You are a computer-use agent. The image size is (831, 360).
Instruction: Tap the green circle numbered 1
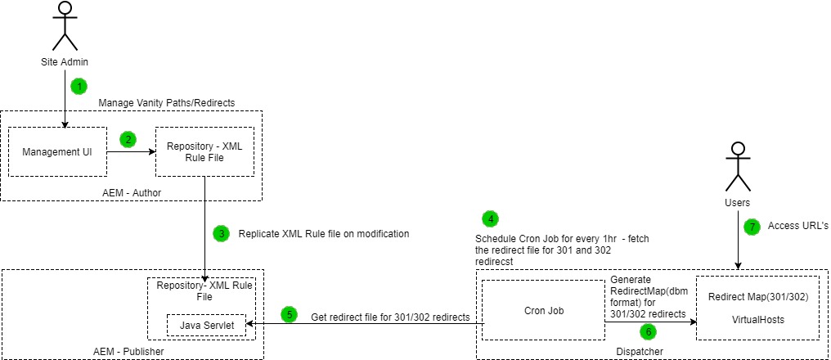point(79,86)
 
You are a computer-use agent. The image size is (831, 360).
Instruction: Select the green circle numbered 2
point(128,139)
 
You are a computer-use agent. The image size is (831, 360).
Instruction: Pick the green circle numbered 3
point(222,233)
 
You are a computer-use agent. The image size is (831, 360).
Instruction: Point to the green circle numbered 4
point(489,218)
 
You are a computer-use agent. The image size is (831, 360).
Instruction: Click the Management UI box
point(57,151)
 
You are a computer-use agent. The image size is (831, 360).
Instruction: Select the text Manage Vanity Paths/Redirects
point(167,102)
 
